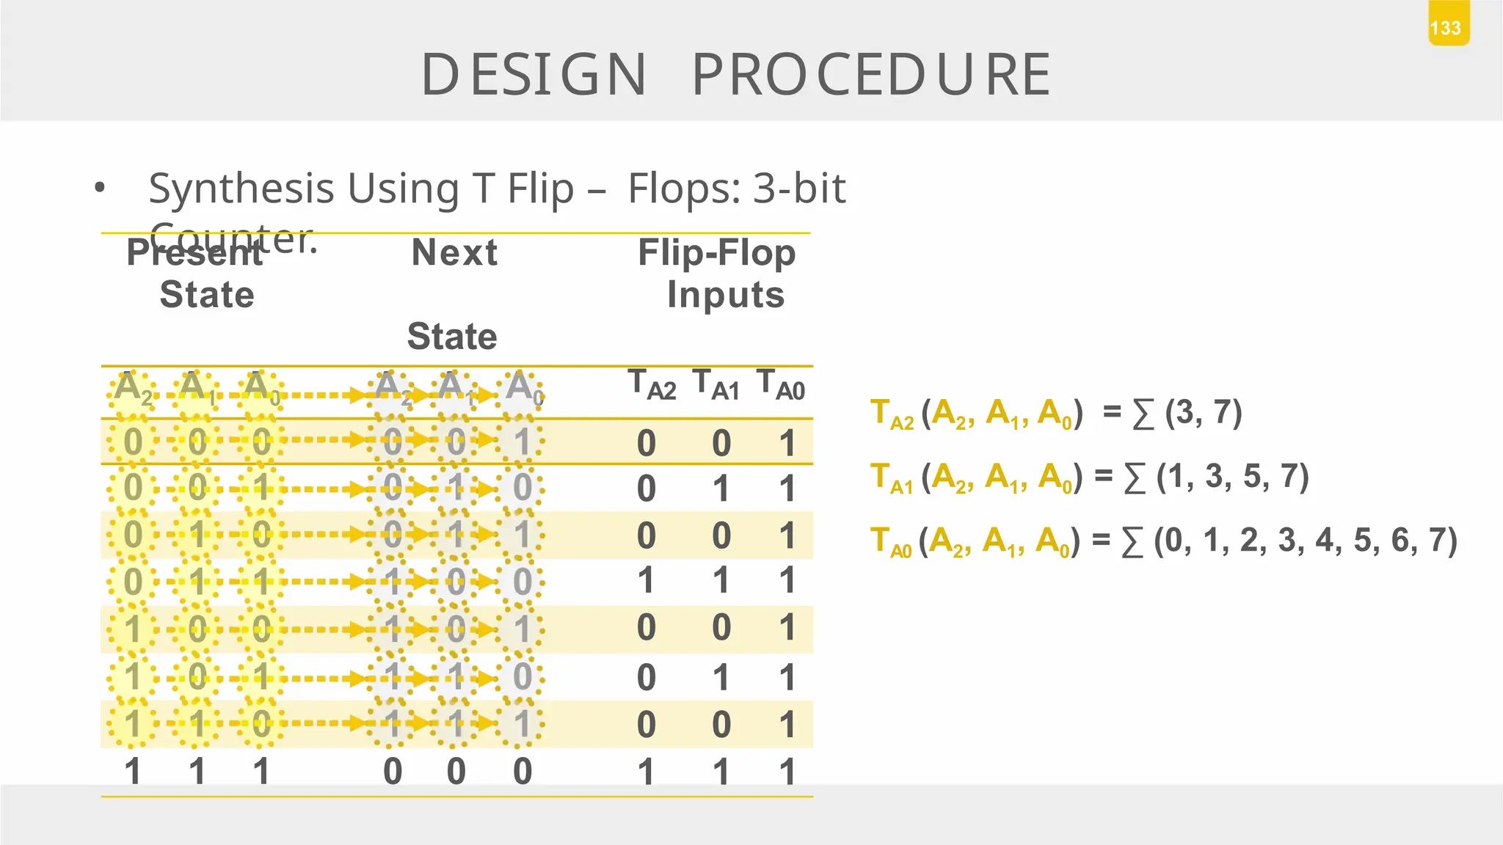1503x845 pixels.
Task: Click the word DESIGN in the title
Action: tap(534, 75)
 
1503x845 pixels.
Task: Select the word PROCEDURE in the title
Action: tap(872, 75)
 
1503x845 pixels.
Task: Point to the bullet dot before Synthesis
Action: tap(100, 189)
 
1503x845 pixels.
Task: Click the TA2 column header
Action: tap(652, 386)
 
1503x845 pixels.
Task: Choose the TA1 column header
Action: tap(716, 386)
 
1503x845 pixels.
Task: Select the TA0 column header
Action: tap(781, 386)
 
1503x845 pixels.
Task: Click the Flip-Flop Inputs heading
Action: tap(718, 274)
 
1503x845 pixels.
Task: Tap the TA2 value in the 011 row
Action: tap(646, 581)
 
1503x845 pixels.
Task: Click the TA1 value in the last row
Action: tap(721, 772)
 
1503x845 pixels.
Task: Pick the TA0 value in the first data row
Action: tap(787, 443)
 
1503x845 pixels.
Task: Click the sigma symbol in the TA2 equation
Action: tap(1143, 414)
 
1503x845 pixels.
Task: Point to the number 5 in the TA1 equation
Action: tap(1252, 477)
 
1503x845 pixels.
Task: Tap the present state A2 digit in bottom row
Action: tap(133, 772)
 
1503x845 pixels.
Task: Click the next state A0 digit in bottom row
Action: tap(523, 772)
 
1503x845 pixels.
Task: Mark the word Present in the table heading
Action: tap(194, 253)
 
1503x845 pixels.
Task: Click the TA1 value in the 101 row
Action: tap(721, 677)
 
